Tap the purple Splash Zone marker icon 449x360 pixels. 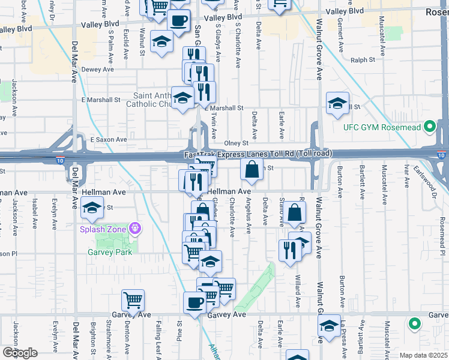(x=136, y=228)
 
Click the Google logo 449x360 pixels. (x=19, y=353)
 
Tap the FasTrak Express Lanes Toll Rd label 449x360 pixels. (x=258, y=154)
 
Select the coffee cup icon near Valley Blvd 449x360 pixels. (x=178, y=20)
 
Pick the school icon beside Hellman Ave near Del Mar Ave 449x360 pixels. (x=91, y=209)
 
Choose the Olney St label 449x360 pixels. (x=236, y=143)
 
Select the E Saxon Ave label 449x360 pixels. (x=109, y=139)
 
